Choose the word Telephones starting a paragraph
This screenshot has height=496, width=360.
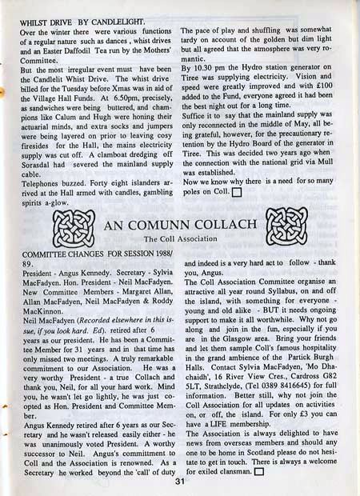click(42, 182)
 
